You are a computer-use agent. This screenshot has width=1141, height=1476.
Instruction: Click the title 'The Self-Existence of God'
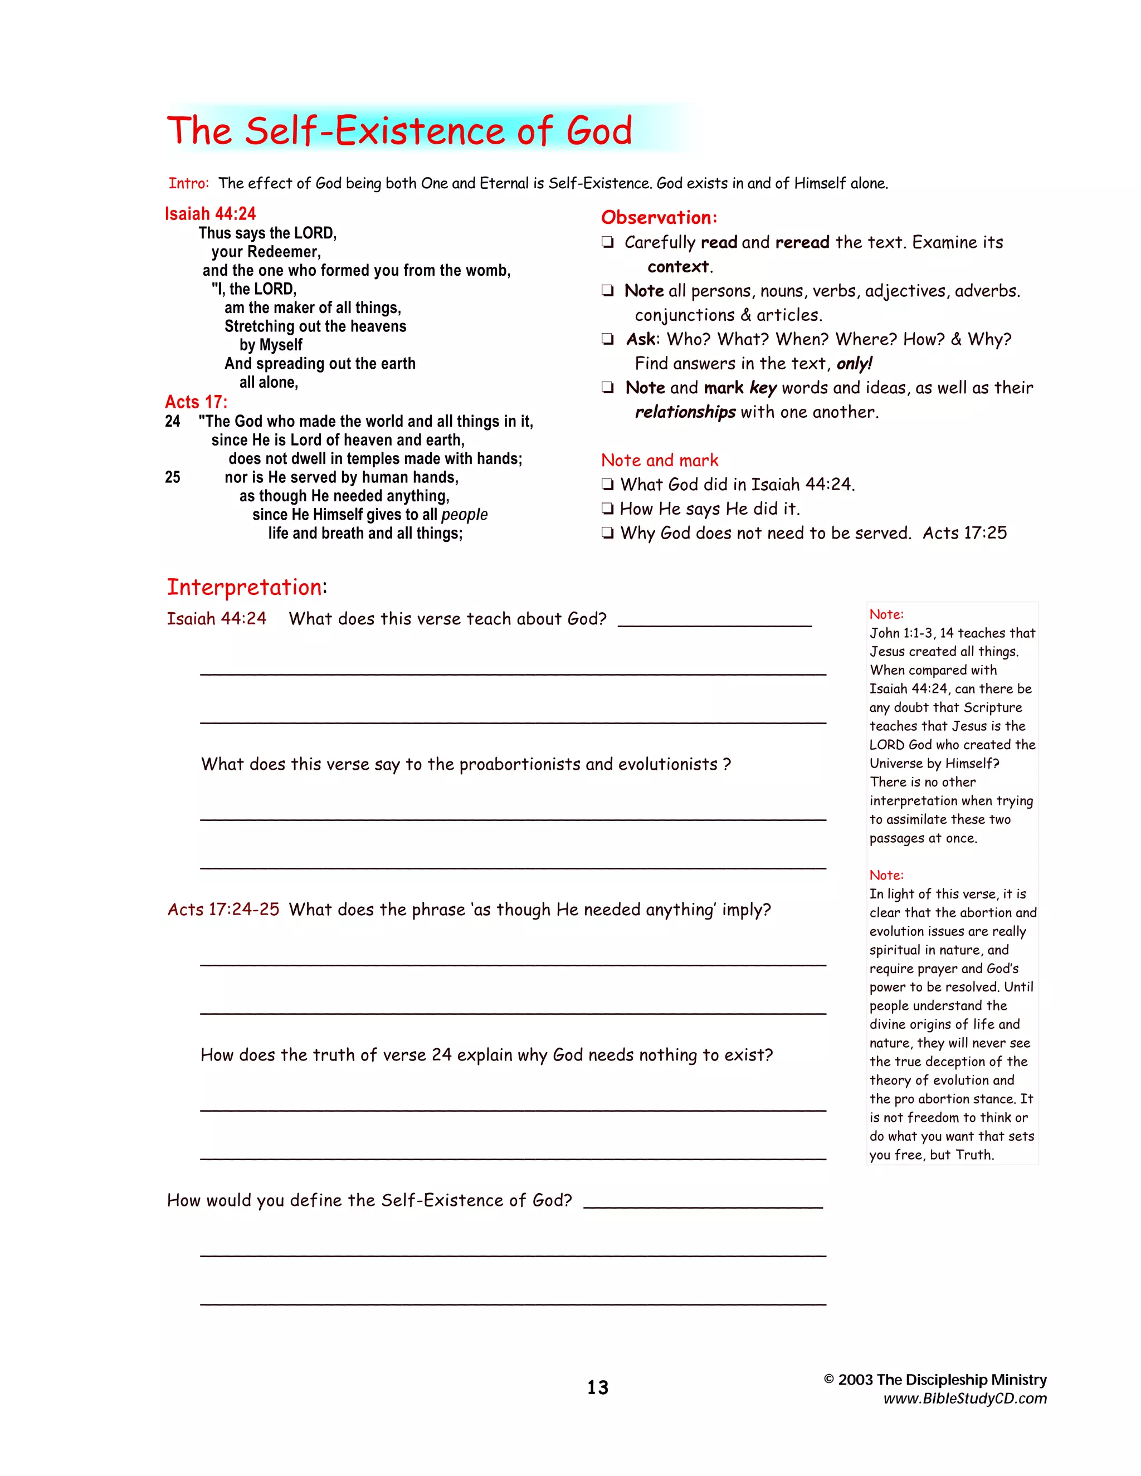point(399,130)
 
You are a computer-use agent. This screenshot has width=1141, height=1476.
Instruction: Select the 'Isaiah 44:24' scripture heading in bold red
point(210,214)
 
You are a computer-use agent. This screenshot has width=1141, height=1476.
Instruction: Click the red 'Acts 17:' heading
point(196,402)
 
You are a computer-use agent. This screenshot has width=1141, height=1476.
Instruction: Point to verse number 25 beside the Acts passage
point(172,477)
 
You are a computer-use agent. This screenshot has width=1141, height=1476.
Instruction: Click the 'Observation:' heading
point(659,218)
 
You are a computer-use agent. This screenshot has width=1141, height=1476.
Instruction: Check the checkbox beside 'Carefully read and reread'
point(608,243)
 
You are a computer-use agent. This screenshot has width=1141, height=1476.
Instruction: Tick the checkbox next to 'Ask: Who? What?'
point(608,339)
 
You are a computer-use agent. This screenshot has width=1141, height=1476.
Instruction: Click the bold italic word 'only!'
point(855,364)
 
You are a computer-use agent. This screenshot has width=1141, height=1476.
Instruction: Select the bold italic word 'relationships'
point(685,412)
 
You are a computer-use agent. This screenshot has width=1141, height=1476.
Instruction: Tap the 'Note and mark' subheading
point(659,460)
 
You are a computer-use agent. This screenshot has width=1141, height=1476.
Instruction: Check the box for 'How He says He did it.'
point(608,509)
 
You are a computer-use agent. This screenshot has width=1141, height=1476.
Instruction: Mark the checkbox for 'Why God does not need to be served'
point(608,533)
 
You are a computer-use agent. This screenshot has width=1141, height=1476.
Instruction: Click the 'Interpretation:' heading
point(247,587)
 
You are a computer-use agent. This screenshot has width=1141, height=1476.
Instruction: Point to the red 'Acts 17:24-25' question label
point(223,910)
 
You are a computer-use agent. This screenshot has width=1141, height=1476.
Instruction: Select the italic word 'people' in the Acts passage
point(465,515)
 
